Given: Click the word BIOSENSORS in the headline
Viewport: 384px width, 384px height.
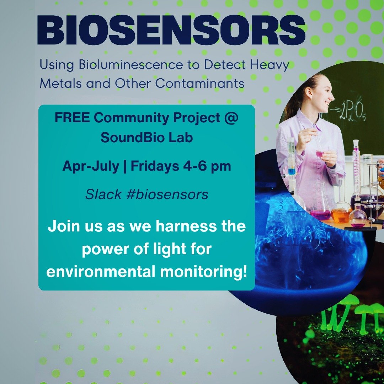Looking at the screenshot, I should (171, 30).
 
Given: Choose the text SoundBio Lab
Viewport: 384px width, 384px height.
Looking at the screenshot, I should (146, 138).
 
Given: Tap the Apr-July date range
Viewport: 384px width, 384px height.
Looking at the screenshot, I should (91, 166).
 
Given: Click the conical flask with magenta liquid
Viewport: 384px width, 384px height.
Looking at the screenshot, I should (320, 210).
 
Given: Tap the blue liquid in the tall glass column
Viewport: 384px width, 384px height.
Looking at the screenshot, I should (292, 171).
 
